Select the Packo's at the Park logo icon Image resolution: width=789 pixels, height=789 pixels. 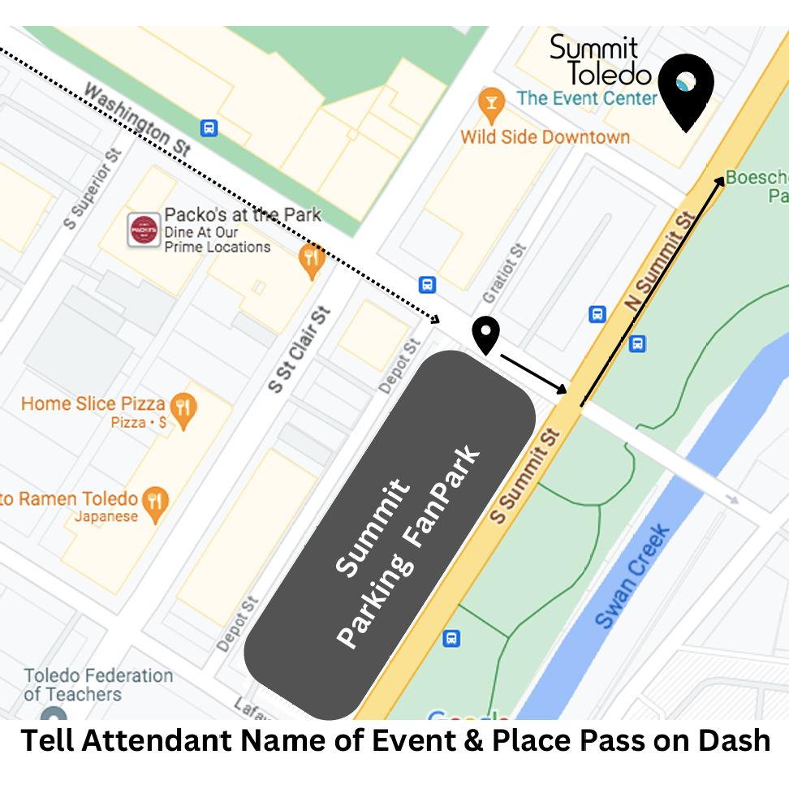coord(144,231)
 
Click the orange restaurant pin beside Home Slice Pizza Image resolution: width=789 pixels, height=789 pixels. coord(185,409)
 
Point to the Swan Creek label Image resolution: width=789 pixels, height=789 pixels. coord(633,576)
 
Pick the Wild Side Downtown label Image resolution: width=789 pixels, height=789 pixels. coord(545,136)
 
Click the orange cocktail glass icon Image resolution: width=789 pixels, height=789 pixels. coord(489,102)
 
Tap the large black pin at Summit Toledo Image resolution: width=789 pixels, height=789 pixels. coord(686,89)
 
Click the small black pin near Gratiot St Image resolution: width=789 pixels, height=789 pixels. coord(485,334)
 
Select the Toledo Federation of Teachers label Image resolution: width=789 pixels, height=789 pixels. coord(97,684)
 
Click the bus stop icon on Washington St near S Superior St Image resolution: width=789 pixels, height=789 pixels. coord(209,127)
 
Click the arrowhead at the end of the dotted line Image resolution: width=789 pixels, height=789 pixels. coord(435,319)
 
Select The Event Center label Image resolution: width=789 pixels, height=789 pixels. coord(586,98)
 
